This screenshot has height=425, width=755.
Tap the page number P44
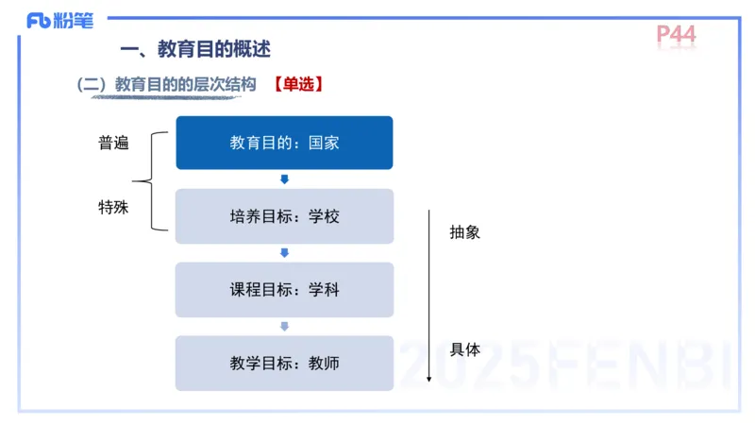(676, 35)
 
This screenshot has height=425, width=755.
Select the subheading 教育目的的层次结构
(185, 84)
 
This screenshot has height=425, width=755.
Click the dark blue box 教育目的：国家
(284, 143)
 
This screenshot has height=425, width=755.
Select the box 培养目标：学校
(284, 216)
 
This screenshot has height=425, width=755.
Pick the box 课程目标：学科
(284, 290)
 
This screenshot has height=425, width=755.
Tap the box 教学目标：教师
(284, 363)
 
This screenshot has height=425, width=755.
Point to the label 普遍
(113, 143)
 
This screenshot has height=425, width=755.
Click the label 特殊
(113, 207)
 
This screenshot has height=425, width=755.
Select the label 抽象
(464, 231)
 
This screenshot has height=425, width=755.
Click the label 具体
(464, 349)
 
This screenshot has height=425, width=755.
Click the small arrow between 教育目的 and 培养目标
(284, 179)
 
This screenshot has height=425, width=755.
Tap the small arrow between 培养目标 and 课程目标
(284, 253)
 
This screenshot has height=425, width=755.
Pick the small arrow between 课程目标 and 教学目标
(284, 327)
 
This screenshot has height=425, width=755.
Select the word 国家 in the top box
(323, 144)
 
